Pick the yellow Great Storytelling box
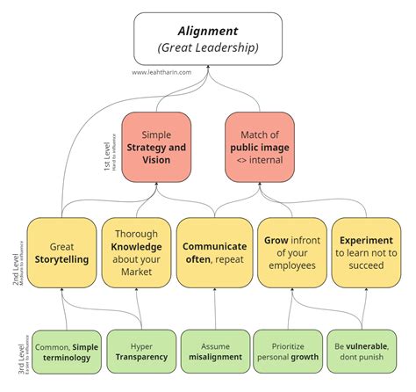click(x=61, y=253)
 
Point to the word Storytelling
click(x=61, y=260)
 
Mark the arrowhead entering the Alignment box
click(x=208, y=64)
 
